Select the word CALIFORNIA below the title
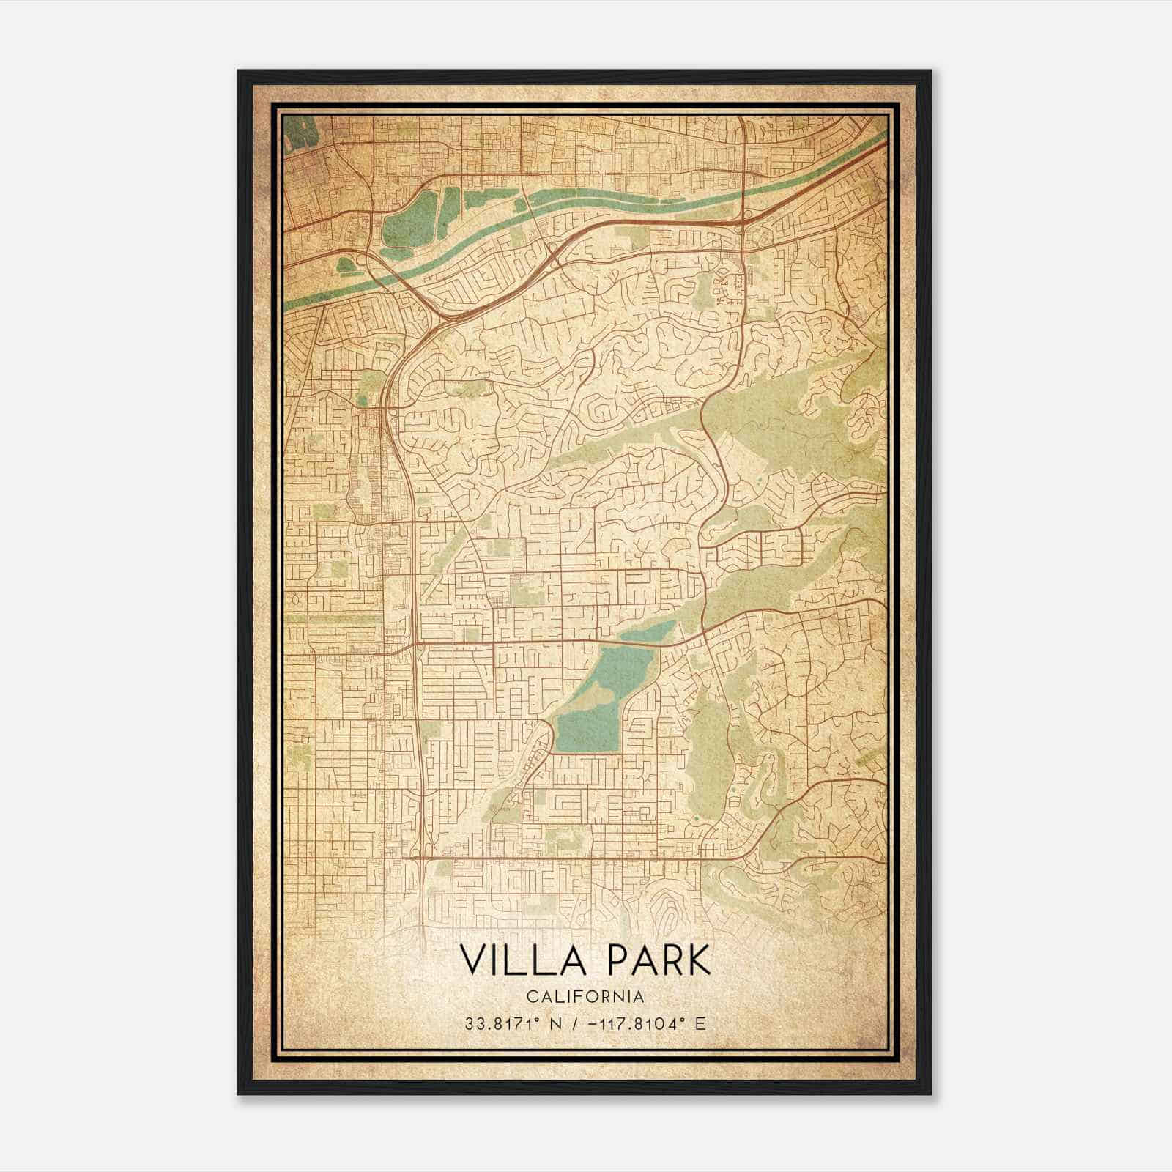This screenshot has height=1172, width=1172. [x=586, y=996]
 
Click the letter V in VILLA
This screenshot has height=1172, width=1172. [x=472, y=960]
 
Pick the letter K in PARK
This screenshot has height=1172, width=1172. [x=700, y=960]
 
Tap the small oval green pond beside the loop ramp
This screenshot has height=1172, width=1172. [x=345, y=262]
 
